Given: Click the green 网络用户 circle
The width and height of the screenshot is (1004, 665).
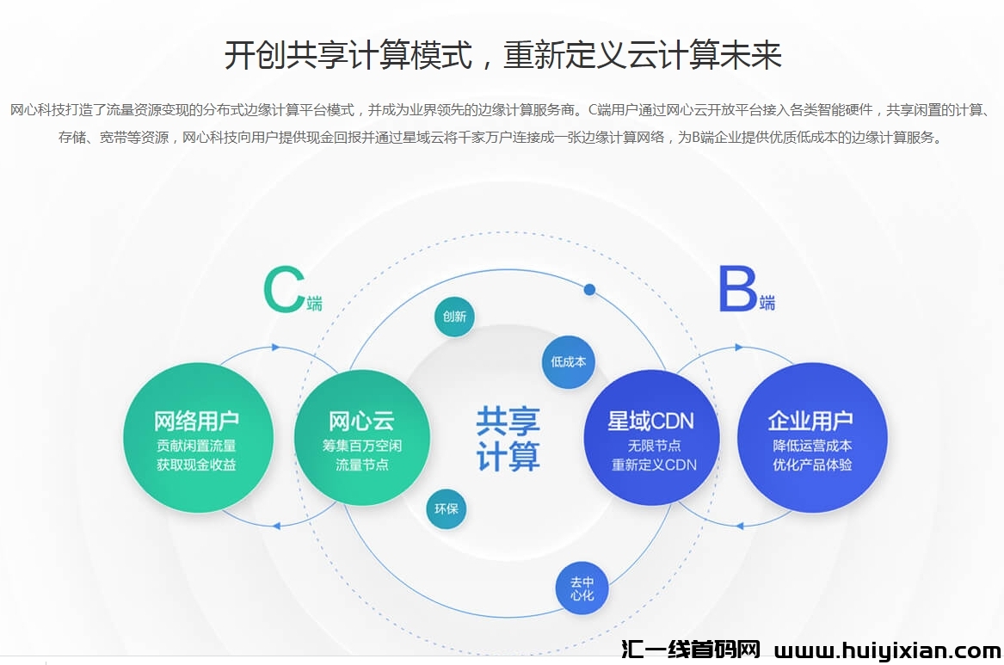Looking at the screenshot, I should pyautogui.click(x=197, y=436).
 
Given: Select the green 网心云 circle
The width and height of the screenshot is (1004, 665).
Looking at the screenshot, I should pyautogui.click(x=361, y=436).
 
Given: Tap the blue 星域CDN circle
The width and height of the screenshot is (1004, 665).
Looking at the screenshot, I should pyautogui.click(x=651, y=436).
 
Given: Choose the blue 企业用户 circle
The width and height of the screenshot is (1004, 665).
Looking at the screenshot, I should pyautogui.click(x=810, y=436).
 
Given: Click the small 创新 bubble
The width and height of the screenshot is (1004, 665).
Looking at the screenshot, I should pyautogui.click(x=454, y=316).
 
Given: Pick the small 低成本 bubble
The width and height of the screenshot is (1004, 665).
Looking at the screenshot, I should pyautogui.click(x=568, y=361).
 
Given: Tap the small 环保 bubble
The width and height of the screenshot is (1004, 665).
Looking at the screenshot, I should pyautogui.click(x=447, y=508).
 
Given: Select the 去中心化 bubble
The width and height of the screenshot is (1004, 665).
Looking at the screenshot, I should pyautogui.click(x=582, y=588).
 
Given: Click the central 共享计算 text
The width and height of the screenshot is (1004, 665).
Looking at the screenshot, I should pyautogui.click(x=508, y=438).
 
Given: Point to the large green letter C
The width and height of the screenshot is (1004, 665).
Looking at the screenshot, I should pyautogui.click(x=283, y=289).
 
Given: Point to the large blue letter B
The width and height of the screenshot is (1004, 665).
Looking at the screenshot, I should pyautogui.click(x=737, y=289).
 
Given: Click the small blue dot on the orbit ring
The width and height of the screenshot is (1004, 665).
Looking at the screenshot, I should pyautogui.click(x=589, y=289).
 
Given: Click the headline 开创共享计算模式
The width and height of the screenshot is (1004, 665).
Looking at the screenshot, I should pyautogui.click(x=348, y=56).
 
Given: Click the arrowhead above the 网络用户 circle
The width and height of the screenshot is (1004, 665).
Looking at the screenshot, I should pyautogui.click(x=275, y=348).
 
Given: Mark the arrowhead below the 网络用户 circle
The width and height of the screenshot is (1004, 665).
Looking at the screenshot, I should pyautogui.click(x=276, y=525).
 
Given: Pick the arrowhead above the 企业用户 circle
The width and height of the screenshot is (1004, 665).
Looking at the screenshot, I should pyautogui.click(x=739, y=348).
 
